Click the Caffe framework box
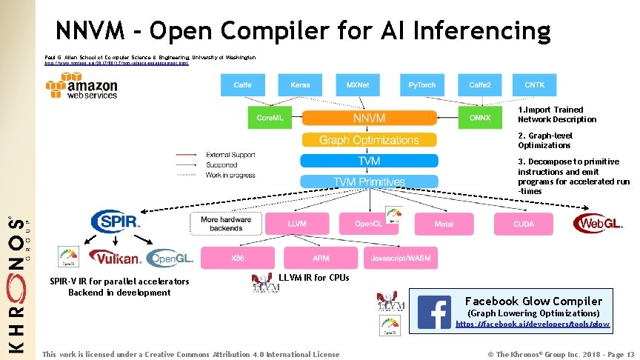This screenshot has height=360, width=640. [x=242, y=84]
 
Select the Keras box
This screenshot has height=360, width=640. [x=301, y=84]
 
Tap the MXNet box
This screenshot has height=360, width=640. [x=359, y=84]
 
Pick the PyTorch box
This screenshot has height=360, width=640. [x=421, y=84]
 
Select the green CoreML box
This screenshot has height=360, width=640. [x=268, y=117]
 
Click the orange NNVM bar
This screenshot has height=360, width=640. [x=368, y=117]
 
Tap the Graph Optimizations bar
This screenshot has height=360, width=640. [x=368, y=139]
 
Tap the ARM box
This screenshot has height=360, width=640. [x=321, y=257]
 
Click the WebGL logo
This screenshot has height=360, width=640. [x=599, y=222]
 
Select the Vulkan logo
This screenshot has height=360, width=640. [x=115, y=258]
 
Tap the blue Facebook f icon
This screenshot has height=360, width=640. [x=434, y=313]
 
